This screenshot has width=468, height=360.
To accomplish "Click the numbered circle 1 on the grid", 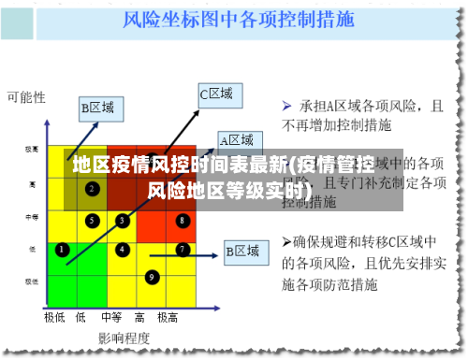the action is [62, 250].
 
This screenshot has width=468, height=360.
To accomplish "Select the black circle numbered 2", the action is [92, 189].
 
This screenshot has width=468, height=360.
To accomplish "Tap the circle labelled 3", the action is [122, 221].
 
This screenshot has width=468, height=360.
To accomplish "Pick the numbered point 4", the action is [122, 250].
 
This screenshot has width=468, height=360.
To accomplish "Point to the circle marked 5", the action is [92, 221].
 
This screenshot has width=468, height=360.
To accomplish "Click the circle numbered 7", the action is [182, 250].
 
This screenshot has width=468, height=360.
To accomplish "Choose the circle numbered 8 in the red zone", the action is [182, 221].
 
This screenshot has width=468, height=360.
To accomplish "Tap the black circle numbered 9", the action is [152, 277].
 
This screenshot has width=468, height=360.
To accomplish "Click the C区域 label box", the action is [216, 94].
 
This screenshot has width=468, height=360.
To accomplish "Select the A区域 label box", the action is [236, 140].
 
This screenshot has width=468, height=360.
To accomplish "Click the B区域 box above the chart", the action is [97, 108].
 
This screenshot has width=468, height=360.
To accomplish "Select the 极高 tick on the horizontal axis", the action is [168, 317].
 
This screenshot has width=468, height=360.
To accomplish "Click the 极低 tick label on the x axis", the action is [54, 317].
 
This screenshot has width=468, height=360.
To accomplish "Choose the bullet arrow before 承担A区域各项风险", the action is [287, 106].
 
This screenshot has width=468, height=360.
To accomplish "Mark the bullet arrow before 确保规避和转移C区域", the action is [287, 242].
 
